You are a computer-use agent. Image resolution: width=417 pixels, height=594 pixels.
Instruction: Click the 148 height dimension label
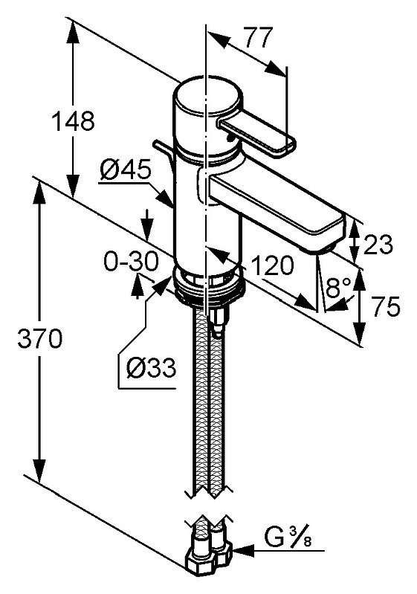coord(73,121)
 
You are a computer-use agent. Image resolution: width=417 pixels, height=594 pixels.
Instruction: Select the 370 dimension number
coord(40,338)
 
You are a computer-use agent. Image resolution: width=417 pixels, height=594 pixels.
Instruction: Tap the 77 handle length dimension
coord(259,37)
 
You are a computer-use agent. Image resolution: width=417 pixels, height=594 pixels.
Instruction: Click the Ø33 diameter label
coord(152,368)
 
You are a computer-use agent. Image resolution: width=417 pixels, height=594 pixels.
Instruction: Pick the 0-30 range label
coord(131,262)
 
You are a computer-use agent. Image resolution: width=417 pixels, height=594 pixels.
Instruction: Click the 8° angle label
coord(339,288)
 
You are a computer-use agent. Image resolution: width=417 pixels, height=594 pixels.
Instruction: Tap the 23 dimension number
coord(378,245)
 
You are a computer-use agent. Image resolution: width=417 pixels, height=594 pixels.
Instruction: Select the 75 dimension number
coord(386,306)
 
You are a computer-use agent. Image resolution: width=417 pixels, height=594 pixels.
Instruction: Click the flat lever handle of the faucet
coord(256,134)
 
